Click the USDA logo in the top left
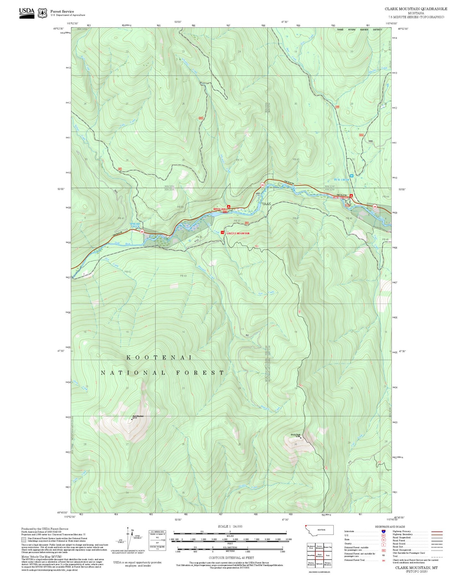coord(27,13)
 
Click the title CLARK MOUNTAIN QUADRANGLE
coord(416,9)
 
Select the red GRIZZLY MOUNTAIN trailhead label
coord(238,233)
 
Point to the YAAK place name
coord(266,204)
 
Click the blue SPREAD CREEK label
coord(135,225)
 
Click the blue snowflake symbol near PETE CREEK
coord(351,176)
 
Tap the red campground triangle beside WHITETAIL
coord(228,206)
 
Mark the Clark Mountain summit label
coord(138,416)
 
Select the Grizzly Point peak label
coord(295,435)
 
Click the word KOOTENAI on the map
coord(159,357)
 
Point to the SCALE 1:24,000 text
coord(230,527)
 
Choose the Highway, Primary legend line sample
coord(437,531)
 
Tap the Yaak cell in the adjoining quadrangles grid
coord(327,555)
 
